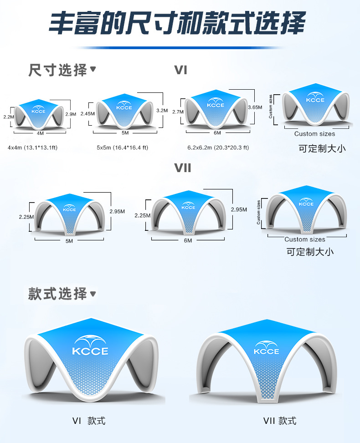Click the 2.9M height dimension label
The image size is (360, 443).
click(71, 114)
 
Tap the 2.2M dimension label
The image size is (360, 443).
click(9, 117)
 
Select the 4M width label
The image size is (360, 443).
click(40, 133)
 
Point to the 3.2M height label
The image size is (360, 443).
click(162, 110)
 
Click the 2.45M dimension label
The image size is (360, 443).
click(87, 114)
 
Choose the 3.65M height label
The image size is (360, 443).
click(255, 107)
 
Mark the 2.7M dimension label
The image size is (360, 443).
click(178, 112)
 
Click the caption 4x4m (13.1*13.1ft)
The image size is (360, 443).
click(32, 148)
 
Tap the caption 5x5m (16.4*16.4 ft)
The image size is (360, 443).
click(122, 148)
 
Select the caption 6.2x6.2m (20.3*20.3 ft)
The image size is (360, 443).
click(218, 148)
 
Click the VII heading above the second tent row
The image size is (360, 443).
click(183, 168)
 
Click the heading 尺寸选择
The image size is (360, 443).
click(58, 70)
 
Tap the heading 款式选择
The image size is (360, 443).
click(58, 294)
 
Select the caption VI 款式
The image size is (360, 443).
click(89, 421)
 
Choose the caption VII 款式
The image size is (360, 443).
click(279, 421)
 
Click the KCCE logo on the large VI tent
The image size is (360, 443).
click(90, 346)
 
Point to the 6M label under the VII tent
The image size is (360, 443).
click(188, 240)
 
